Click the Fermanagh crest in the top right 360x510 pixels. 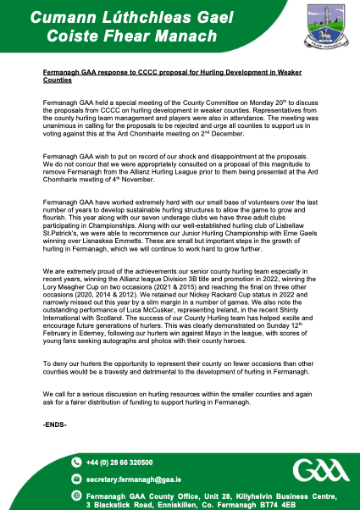coord(320,28)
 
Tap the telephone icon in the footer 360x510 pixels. coord(76,463)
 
